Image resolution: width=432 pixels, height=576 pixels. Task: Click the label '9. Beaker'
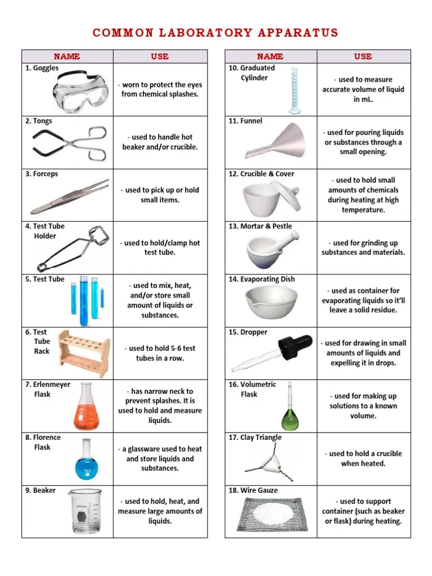[40, 490]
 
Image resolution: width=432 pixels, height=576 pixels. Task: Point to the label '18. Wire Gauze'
[253, 490]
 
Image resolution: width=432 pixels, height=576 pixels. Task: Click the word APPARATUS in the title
[298, 33]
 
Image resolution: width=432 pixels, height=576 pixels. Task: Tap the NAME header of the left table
[67, 56]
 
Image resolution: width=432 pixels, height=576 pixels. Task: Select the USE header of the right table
[363, 56]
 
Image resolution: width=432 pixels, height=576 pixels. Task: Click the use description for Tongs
[160, 142]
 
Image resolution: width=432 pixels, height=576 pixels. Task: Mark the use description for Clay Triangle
[363, 458]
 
